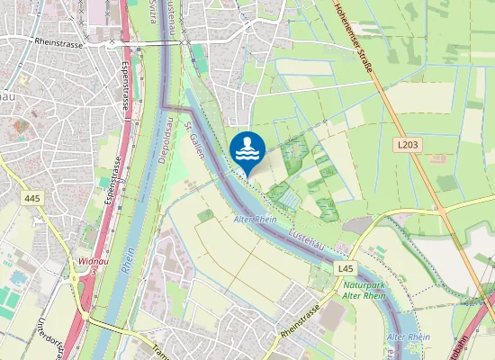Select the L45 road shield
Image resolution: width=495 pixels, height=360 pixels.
[x=346, y=269]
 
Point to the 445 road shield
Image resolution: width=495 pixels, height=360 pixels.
[x=33, y=198]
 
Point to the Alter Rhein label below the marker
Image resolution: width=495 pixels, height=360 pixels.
[x=255, y=219]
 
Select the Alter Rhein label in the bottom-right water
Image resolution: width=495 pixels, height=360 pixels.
[x=407, y=337]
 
